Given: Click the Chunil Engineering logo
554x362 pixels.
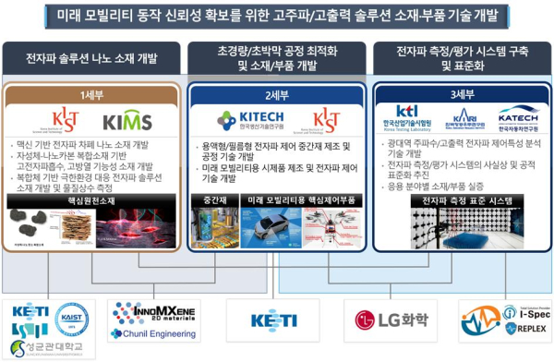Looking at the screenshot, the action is point(148,332).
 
